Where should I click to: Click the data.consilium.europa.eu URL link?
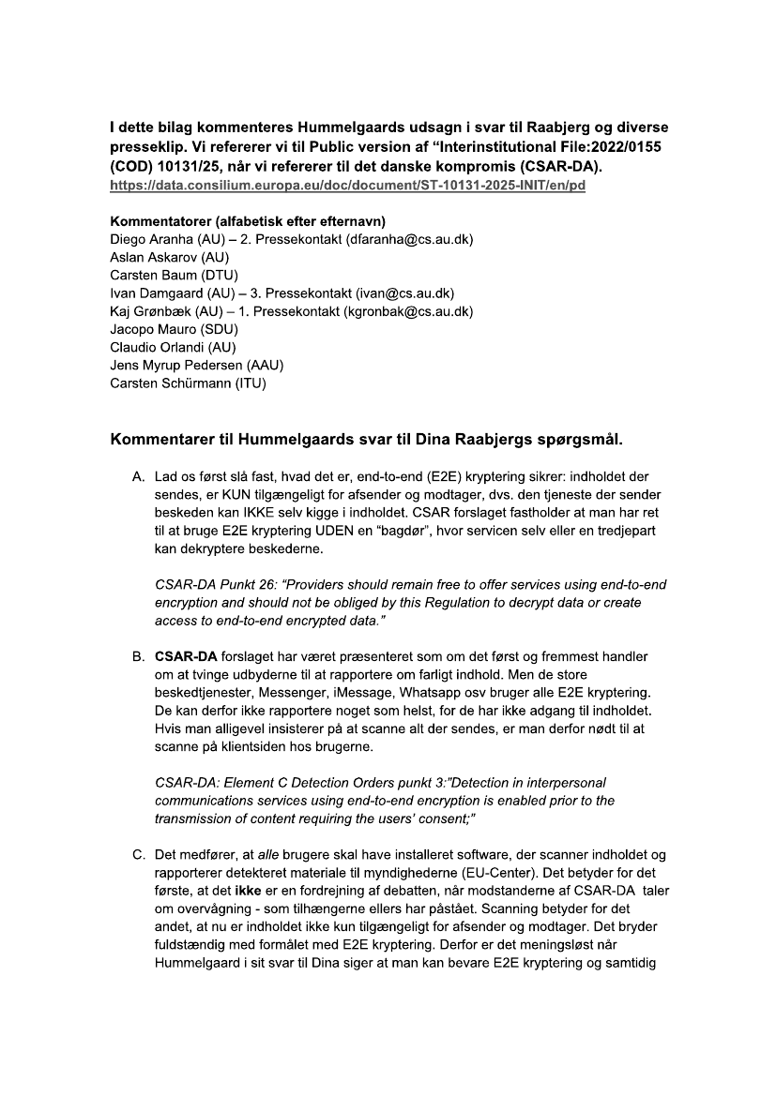(347, 186)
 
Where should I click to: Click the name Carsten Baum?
(153, 276)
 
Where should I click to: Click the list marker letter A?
(137, 477)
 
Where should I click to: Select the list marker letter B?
(137, 657)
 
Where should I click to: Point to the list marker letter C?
(137, 854)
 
